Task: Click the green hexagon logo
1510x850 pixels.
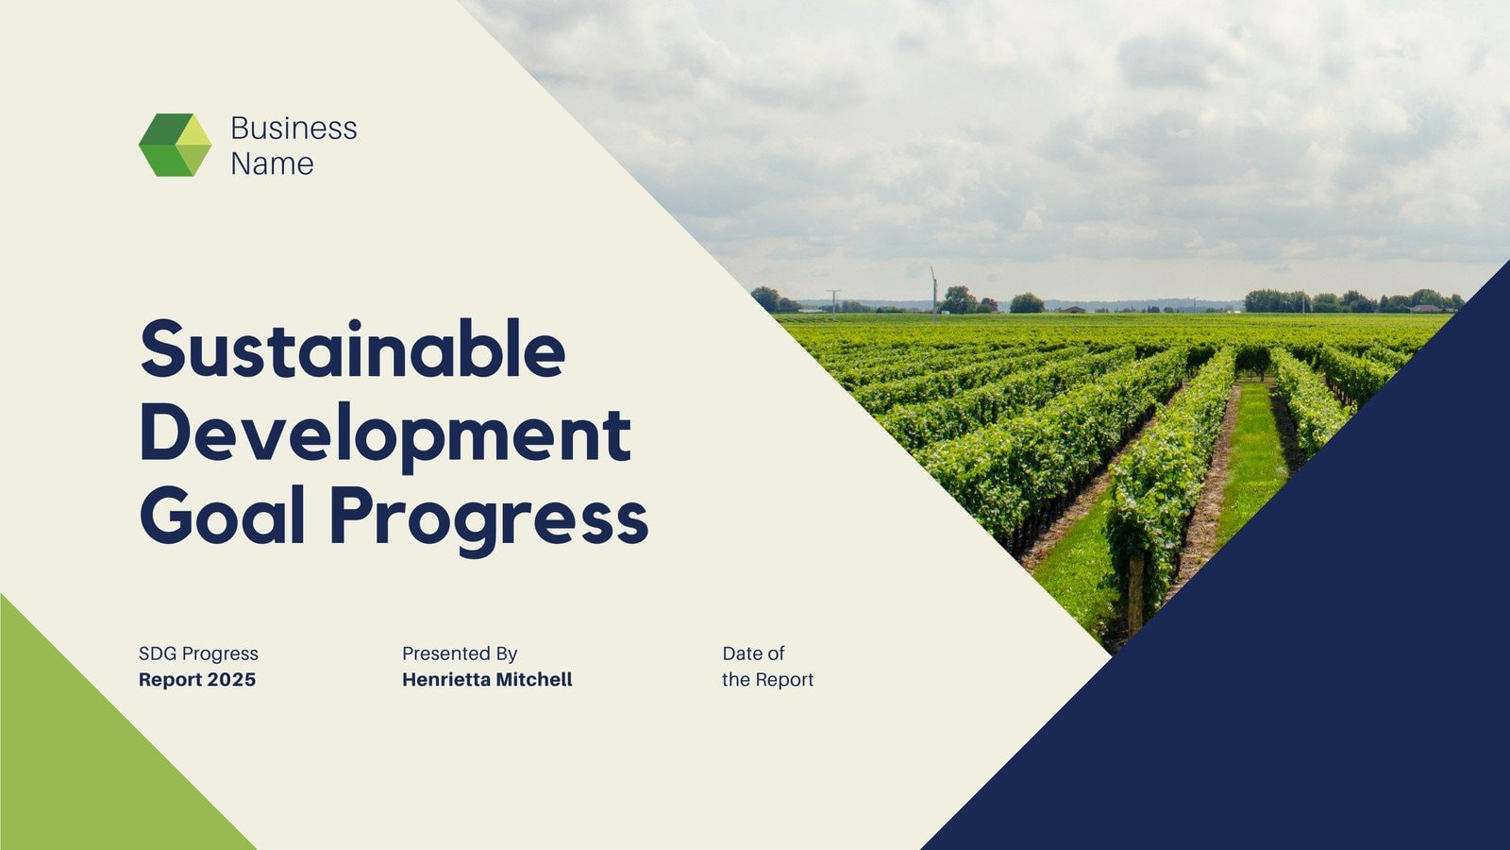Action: pos(175,144)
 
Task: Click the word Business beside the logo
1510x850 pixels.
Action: pos(294,127)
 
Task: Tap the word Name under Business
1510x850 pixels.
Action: pos(272,163)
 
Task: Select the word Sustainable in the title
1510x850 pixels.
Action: pos(353,348)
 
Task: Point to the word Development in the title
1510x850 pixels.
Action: pos(385,433)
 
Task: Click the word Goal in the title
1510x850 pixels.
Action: pos(223,516)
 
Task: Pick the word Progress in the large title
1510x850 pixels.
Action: pos(488,518)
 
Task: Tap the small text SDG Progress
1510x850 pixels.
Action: pos(198,654)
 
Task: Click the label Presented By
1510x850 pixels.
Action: pos(460,654)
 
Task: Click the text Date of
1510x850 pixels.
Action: pos(753,654)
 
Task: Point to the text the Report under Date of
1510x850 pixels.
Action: pos(767,680)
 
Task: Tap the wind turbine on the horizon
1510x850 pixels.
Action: pos(934,288)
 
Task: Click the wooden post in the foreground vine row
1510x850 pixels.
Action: pos(1135,590)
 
